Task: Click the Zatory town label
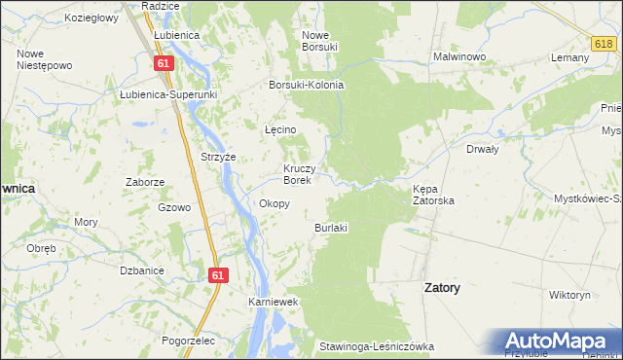coord(443,288)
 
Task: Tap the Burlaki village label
coord(331,227)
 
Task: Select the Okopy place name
coord(275,203)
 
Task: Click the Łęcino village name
coord(280,129)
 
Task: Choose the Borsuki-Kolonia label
coord(307,85)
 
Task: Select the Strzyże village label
coord(218,156)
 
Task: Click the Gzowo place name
coord(174,207)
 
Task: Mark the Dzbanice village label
coord(134,270)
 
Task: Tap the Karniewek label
coord(273,303)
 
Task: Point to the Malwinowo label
coord(459,57)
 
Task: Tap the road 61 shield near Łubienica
coord(164,63)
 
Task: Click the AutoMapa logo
coord(558,342)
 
